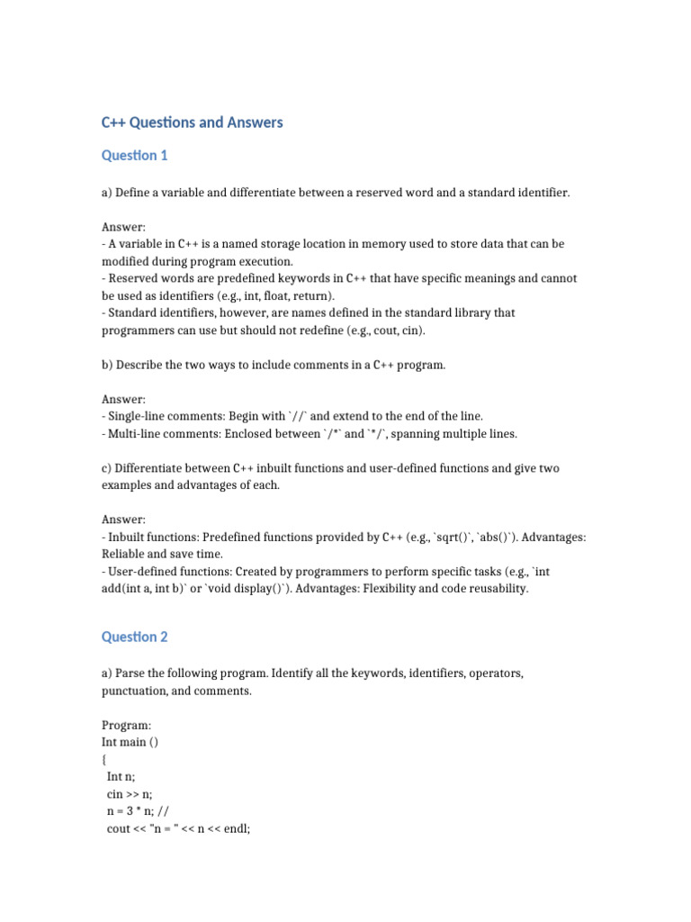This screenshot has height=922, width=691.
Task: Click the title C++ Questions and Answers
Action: (x=192, y=122)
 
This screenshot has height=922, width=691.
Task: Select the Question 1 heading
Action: (x=135, y=156)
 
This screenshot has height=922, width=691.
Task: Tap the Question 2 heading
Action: (x=135, y=637)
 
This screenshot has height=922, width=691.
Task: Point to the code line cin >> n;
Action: (x=130, y=793)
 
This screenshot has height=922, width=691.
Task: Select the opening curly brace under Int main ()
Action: (x=104, y=759)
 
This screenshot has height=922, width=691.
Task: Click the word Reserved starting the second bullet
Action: (x=132, y=278)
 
